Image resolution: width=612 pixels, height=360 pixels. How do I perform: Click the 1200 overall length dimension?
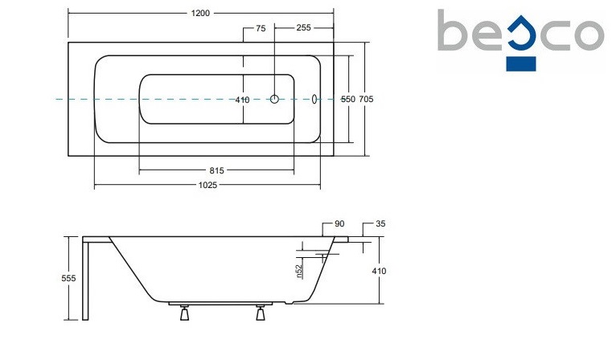click(x=200, y=14)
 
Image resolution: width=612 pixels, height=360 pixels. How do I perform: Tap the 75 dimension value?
click(x=261, y=28)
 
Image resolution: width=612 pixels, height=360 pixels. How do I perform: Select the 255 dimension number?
click(x=304, y=27)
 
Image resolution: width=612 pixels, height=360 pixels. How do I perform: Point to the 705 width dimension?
click(x=366, y=100)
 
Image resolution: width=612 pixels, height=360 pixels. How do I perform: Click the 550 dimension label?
click(x=348, y=100)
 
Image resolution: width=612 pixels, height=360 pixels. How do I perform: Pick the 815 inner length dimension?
click(x=216, y=170)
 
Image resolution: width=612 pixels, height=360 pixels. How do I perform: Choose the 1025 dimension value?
click(x=207, y=186)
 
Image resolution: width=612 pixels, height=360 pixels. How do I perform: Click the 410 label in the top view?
click(x=242, y=100)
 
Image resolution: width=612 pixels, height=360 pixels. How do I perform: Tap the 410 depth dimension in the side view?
click(x=379, y=271)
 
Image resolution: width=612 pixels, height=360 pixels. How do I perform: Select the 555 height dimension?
click(x=68, y=279)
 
